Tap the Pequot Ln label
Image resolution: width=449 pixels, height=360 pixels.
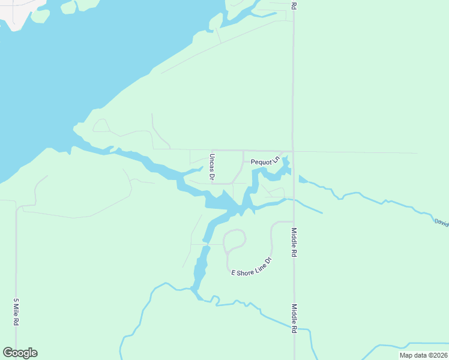point(265,161)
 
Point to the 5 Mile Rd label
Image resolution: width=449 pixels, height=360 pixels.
point(16,312)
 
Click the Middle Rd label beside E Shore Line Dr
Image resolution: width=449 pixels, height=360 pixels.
point(295,242)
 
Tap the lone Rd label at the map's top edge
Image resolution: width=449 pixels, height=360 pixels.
point(294,5)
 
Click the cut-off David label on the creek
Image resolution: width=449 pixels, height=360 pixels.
point(441,223)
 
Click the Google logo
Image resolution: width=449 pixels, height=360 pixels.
point(20,353)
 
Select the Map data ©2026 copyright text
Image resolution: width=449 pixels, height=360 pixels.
point(423,355)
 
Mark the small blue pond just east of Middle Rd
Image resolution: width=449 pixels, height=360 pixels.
point(302,179)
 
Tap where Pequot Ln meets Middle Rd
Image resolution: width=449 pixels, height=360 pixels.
point(293,151)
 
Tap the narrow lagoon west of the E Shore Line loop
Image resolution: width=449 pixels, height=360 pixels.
point(200,267)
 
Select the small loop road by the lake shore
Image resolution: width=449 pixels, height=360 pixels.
point(101,125)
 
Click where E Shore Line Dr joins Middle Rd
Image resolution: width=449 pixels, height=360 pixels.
point(293,222)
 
